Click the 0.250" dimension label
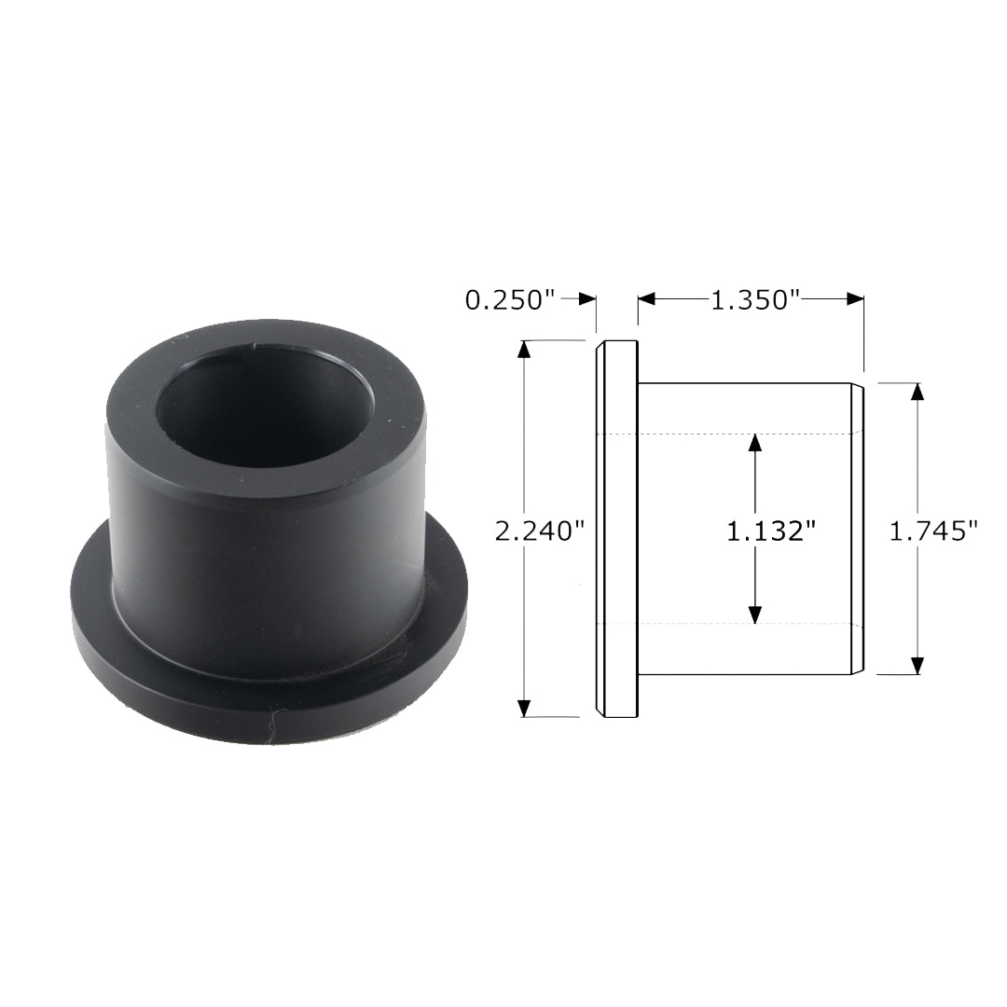coord(510,300)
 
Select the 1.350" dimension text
coord(756,300)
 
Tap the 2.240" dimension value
coord(540,531)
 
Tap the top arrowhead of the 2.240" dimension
coord(525,350)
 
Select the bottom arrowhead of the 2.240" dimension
coord(525,708)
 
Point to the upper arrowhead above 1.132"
coord(755,443)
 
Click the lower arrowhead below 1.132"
coord(755,614)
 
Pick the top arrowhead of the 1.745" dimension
coord(917,392)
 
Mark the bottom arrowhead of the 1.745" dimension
coord(917,665)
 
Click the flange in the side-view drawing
coord(617,529)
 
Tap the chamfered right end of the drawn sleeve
coord(858,529)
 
